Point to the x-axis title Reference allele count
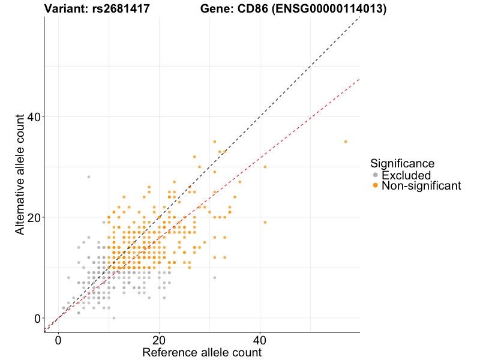tap(202, 352)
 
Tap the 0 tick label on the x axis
tap(58, 339)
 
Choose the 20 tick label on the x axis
tap(159, 339)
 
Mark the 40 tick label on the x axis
tap(260, 339)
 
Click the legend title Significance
tap(402, 163)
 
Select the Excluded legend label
tap(406, 175)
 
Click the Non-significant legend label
tap(421, 186)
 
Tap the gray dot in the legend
tap(376, 175)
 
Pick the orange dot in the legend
tap(376, 186)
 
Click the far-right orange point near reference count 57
tap(346, 142)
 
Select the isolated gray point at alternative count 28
tap(89, 177)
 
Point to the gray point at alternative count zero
tap(114, 318)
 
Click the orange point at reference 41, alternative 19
tap(265, 222)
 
